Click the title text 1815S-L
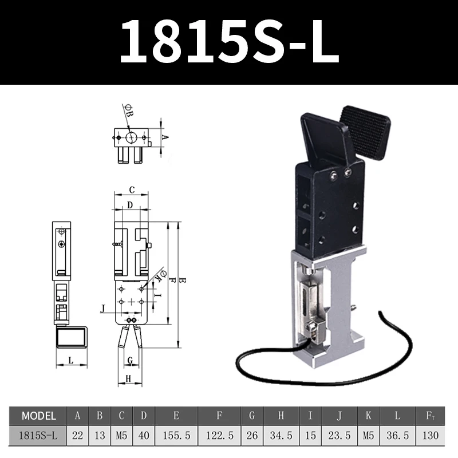coord(229,42)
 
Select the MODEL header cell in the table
coord(38,416)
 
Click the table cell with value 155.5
coord(176,436)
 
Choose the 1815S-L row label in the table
coord(38,436)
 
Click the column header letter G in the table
coord(252,416)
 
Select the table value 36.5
coord(398,436)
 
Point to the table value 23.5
coord(339,436)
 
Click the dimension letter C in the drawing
coord(131,189)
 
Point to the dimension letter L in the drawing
coord(70,360)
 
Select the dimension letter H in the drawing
coord(128,378)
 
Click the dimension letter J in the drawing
coord(102,309)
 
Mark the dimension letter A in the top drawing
coord(164,137)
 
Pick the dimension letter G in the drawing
coord(131,360)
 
